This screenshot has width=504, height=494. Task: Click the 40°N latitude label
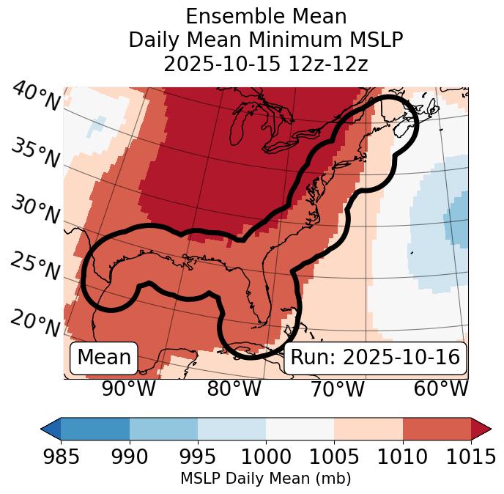click(36, 97)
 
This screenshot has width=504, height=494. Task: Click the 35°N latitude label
click(34, 153)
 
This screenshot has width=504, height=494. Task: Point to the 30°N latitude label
click(34, 210)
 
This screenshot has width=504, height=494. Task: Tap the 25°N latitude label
click(34, 266)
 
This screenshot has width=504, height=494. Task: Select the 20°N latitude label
click(34, 323)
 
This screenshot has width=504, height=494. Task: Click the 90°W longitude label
click(129, 389)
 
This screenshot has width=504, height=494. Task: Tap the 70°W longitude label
click(338, 389)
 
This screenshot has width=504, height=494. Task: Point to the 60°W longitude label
click(441, 389)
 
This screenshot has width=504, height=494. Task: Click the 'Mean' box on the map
click(104, 358)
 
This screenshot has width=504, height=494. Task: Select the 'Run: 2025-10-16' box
click(375, 358)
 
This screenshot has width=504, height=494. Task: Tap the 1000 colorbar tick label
click(266, 457)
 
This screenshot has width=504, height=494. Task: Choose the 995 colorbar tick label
click(197, 457)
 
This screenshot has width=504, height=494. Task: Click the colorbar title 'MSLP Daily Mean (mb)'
click(265, 479)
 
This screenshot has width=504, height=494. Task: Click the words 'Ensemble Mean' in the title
click(266, 16)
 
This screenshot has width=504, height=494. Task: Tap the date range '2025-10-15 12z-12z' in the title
click(266, 64)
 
